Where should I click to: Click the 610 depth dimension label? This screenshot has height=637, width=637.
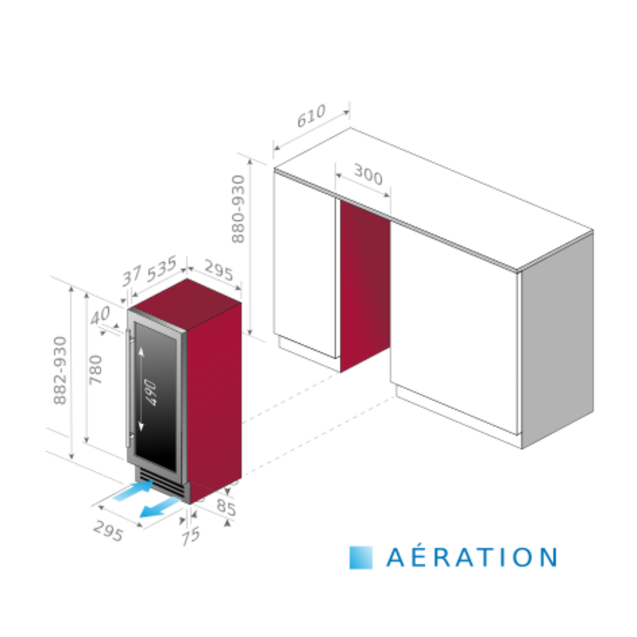[x=311, y=116]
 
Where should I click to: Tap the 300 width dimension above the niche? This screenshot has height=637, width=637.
[x=368, y=175]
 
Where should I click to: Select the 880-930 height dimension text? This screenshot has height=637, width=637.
[x=238, y=209]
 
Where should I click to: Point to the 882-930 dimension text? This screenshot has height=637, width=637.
[x=60, y=370]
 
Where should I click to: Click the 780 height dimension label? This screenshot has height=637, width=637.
[x=96, y=369]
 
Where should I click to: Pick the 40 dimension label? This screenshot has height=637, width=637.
[x=100, y=315]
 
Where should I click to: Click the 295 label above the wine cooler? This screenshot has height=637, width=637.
[x=219, y=270]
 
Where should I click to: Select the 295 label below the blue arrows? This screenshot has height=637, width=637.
[x=108, y=530]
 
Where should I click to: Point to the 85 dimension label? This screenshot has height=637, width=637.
[x=227, y=507]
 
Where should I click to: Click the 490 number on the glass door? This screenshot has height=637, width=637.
[x=151, y=393]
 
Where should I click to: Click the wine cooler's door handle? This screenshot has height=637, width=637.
[x=128, y=389]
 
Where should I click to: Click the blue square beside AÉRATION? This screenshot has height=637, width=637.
[x=361, y=558]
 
